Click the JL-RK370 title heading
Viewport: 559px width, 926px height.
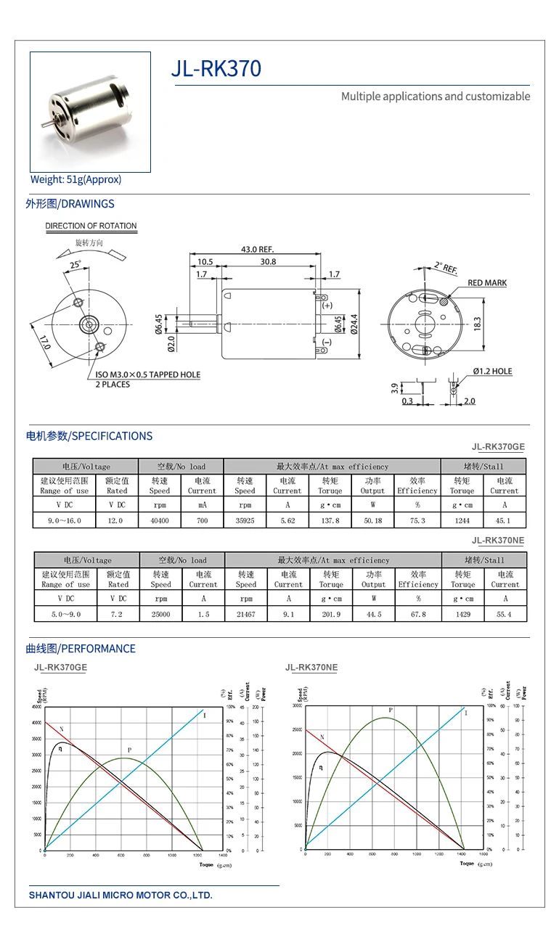[x=216, y=69]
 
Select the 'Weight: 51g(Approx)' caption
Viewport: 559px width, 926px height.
[x=76, y=179]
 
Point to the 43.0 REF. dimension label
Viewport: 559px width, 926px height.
[x=258, y=250]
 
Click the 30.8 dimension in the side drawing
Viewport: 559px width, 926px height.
[x=268, y=262]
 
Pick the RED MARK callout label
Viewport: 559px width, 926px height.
[x=487, y=283]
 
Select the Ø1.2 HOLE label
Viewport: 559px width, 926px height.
[x=492, y=372]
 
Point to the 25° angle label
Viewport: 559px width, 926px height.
[x=76, y=264]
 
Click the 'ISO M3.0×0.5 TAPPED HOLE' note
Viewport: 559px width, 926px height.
[x=147, y=374]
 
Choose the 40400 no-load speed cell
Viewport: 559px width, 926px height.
[x=160, y=520]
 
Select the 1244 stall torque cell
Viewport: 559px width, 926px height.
[x=462, y=520]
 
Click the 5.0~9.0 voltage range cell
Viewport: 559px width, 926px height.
[x=65, y=614]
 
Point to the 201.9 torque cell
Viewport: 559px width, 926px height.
[x=331, y=614]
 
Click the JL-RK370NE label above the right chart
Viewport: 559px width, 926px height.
[x=311, y=668]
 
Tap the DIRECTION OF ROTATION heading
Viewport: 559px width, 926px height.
[x=91, y=226]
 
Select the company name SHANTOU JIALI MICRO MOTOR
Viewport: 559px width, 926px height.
[x=121, y=895]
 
